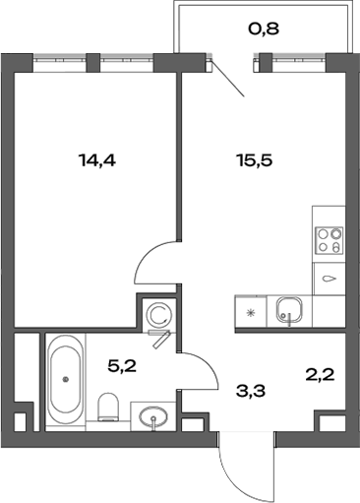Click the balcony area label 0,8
click(x=264, y=29)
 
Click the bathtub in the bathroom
click(x=66, y=380)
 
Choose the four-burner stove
click(x=329, y=241)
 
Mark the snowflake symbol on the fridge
click(x=250, y=313)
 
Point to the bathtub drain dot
click(x=66, y=378)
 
